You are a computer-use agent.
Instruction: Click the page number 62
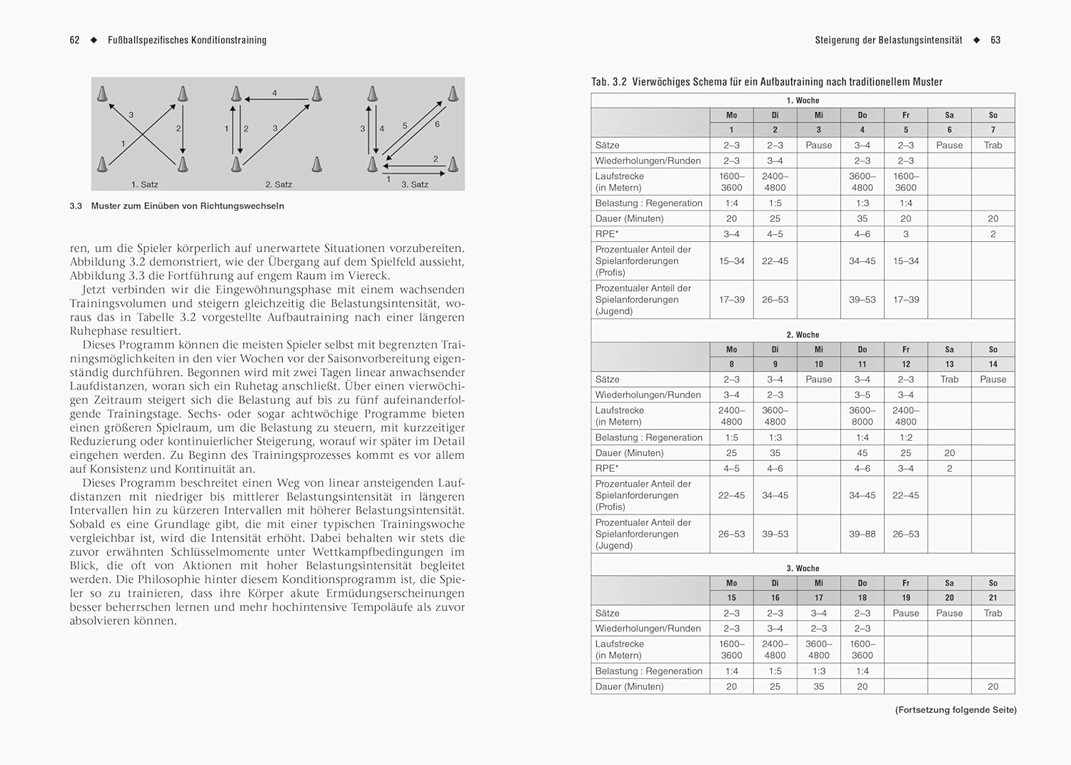tap(74, 41)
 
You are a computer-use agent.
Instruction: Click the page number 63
tap(995, 41)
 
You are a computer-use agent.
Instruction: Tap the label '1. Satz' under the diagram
tap(144, 184)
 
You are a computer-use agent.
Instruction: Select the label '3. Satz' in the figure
tap(414, 184)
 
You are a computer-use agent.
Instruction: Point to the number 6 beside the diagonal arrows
tap(437, 124)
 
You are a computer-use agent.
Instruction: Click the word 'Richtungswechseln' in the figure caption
tap(246, 206)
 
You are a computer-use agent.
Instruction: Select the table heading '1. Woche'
tap(803, 101)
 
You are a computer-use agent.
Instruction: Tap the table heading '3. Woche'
tap(803, 569)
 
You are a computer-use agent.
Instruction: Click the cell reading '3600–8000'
tap(862, 416)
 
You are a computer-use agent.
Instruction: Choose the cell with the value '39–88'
tap(862, 534)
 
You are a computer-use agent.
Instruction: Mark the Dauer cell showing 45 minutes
tap(862, 453)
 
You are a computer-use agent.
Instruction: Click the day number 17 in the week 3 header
tap(818, 598)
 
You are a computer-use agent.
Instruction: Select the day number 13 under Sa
tap(949, 364)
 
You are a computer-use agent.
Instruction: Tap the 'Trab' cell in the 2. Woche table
tap(949, 380)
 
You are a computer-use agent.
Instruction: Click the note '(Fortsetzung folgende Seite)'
tap(955, 710)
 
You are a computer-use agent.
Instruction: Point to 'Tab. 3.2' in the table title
tap(608, 82)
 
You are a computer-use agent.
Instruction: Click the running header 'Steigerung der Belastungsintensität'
tap(888, 41)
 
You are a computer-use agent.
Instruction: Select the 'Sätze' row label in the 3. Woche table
tap(608, 613)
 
